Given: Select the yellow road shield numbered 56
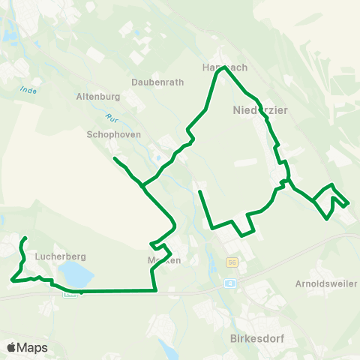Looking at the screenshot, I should point(232,262).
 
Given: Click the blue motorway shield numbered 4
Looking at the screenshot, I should point(231,283).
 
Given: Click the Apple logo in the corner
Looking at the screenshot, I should point(11,347).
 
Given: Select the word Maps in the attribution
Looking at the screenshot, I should point(32,347).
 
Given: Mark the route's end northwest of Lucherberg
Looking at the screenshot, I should point(25,238).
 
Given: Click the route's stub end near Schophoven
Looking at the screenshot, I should point(115,158).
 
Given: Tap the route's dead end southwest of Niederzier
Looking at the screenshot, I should point(199,192).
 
